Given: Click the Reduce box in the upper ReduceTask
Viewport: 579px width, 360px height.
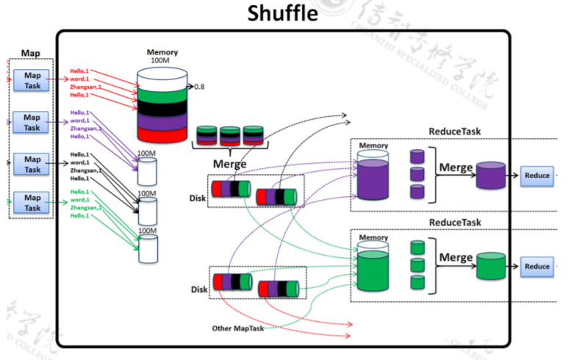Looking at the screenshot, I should (x=536, y=176).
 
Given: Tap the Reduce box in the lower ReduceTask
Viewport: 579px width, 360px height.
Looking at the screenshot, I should (x=536, y=267).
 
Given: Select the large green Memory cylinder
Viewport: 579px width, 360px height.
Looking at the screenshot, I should (x=377, y=268).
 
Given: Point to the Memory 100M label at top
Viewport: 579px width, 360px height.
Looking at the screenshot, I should (x=160, y=56).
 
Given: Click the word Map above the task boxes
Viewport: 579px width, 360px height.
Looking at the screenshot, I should (x=31, y=54).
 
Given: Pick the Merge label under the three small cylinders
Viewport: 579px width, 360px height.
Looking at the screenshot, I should (x=229, y=163).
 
